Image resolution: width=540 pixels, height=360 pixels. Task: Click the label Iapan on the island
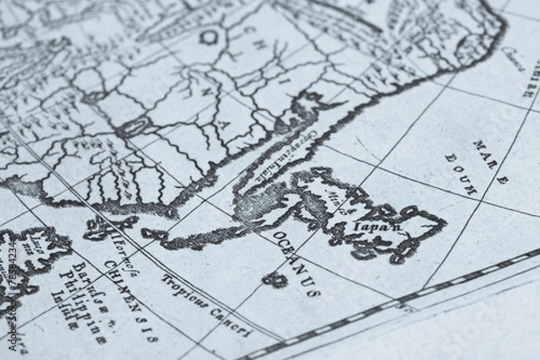point(377,228)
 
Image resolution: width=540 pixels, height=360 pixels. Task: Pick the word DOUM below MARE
point(462,174)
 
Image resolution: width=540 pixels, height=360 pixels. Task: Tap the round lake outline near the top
point(209,37)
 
